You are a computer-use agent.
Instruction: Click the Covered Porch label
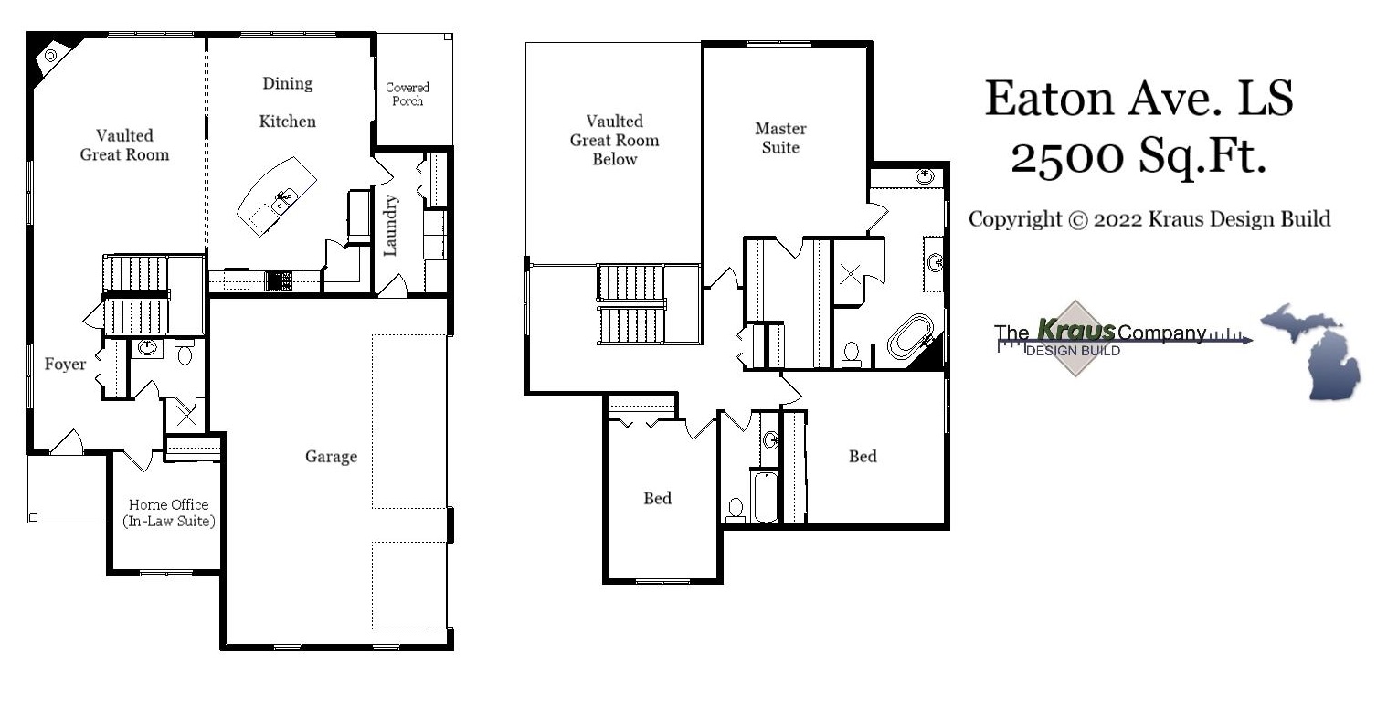click(408, 94)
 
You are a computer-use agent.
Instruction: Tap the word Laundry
click(391, 226)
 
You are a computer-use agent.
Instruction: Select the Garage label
click(331, 456)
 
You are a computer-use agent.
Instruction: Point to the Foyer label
click(66, 365)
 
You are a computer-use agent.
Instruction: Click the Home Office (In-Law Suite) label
click(168, 513)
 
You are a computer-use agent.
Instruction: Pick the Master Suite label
click(780, 138)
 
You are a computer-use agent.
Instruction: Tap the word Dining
click(288, 84)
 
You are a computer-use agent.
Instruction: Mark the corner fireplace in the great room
click(50, 57)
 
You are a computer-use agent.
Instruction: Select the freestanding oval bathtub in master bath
click(910, 336)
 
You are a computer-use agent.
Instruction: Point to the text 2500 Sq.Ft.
click(1139, 156)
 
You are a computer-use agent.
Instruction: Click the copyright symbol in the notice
click(1078, 220)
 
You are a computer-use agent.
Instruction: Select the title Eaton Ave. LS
click(1139, 98)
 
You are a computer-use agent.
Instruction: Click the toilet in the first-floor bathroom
click(185, 352)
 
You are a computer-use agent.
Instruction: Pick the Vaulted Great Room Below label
click(614, 140)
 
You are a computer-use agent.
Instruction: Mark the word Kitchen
click(288, 122)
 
